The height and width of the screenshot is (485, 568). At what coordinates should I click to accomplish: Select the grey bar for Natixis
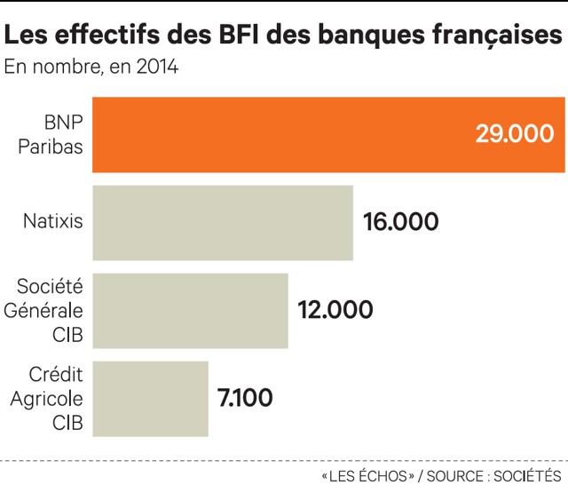pos(223,222)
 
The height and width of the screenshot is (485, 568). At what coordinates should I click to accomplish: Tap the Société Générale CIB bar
pos(190,310)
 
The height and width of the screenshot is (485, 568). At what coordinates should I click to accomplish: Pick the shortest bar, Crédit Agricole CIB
pos(150,398)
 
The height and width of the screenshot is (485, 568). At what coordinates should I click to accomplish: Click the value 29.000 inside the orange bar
pos(514,134)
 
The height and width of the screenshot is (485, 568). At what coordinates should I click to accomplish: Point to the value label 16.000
pos(401,222)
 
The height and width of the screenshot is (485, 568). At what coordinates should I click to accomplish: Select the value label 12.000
pos(335,310)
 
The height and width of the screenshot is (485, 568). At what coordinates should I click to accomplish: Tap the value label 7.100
pos(245,398)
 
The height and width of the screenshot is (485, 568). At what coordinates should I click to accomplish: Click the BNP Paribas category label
pos(54,134)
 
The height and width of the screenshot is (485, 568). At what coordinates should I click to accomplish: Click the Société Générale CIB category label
pos(51,310)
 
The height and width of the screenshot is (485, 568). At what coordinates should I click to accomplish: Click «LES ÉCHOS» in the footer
pos(368,475)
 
